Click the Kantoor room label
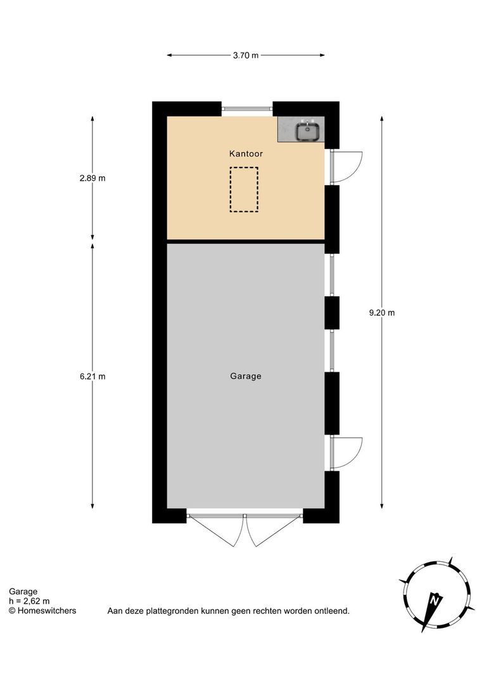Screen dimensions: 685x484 pos(246,153)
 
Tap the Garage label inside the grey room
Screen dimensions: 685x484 pos(246,376)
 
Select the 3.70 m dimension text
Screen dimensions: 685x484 pos(246,55)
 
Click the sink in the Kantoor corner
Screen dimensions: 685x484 pos(309,130)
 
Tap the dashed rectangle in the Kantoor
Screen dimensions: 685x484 pos(244,189)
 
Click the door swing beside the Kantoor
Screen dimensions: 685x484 pos(347,167)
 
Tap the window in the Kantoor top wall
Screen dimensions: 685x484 pos(247,109)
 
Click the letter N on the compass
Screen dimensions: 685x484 pos(434,599)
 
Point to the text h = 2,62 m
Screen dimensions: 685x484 pos(29,601)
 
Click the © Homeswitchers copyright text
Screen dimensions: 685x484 pos(42,611)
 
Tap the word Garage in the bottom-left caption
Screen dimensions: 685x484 pos(23,592)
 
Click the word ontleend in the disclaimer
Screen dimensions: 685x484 pos(333,611)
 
